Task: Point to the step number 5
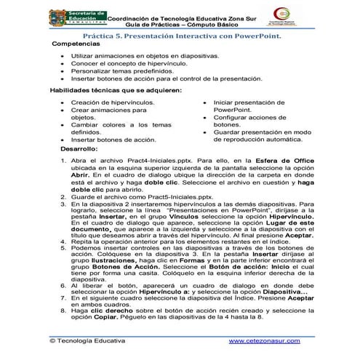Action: [x=63, y=247]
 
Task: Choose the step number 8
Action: [x=63, y=310]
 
